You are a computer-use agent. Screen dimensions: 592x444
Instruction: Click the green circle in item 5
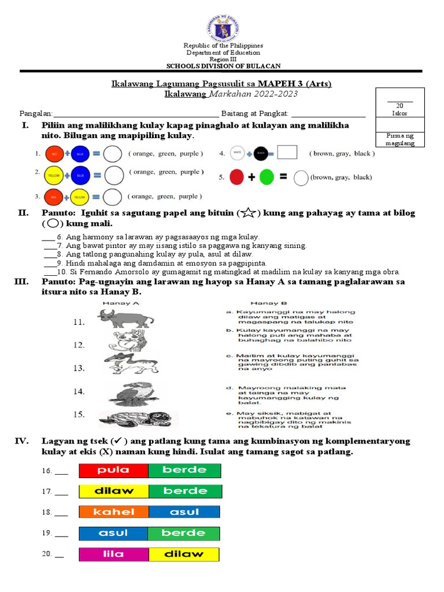[267, 177]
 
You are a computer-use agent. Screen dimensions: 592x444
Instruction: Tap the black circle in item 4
[260, 153]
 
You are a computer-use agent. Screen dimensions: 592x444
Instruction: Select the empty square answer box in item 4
[287, 153]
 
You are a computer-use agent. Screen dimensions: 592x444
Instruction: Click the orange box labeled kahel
[114, 512]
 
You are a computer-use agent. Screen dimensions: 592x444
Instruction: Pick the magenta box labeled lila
[114, 554]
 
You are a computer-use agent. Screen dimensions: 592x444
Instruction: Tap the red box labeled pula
[113, 470]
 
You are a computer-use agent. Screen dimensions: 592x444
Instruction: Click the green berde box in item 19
[183, 533]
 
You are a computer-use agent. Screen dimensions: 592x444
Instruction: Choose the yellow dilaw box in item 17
[114, 491]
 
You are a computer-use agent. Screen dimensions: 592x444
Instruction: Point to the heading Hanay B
[264, 302]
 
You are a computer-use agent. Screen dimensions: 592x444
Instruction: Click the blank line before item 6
[48, 238]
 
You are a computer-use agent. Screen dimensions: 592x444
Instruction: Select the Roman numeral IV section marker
[21, 441]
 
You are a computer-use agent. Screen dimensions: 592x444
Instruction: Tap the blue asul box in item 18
[184, 512]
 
